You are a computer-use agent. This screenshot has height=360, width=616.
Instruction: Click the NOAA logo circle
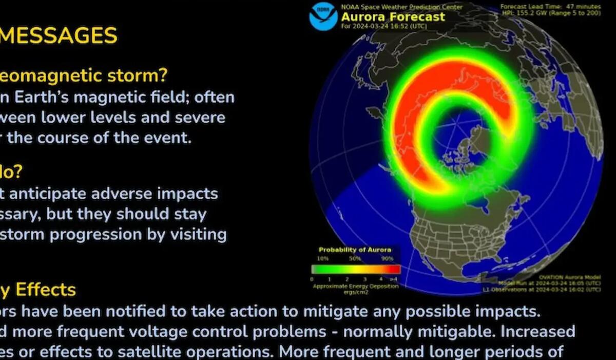(x=323, y=16)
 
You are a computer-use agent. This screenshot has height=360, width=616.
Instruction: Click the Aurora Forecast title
(x=393, y=16)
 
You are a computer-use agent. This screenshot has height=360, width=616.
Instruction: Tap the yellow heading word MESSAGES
(x=59, y=36)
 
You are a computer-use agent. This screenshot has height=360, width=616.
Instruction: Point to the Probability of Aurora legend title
(x=355, y=250)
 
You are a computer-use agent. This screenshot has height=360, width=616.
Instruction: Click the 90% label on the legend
(x=388, y=259)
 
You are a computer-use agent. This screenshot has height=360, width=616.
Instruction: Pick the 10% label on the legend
(x=323, y=259)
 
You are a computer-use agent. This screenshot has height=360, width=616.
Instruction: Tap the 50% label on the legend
(x=355, y=259)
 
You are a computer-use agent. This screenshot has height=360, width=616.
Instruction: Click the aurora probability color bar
(x=356, y=269)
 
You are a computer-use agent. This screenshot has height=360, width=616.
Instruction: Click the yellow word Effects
(x=46, y=290)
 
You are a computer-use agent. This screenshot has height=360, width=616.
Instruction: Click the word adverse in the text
(x=128, y=194)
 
